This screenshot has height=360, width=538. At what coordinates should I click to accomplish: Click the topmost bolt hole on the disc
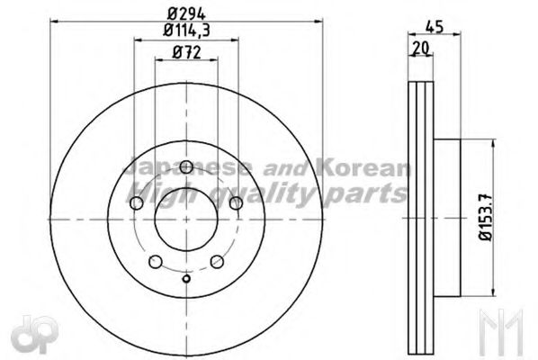point(186,166)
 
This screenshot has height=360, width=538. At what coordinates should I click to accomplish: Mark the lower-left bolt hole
point(155,262)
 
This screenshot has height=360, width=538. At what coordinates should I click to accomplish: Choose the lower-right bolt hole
point(218,262)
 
